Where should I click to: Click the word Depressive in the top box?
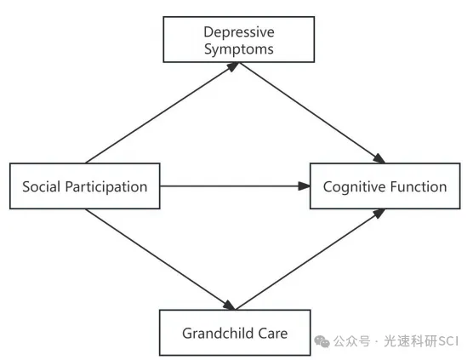click(239, 32)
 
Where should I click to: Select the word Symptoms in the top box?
click(239, 49)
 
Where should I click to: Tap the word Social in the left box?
click(42, 186)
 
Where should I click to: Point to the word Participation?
click(106, 187)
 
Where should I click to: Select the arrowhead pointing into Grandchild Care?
click(229, 305)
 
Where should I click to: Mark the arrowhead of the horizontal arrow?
click(304, 186)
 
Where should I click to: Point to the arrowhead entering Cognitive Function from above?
click(379, 158)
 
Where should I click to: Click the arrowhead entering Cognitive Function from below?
click(379, 214)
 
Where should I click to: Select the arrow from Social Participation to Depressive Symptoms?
click(162, 113)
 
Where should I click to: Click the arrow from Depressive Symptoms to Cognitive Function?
click(312, 113)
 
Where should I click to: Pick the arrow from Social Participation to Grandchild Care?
click(160, 260)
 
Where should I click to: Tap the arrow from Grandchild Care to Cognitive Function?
click(311, 260)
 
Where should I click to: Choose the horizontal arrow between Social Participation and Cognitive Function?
click(235, 186)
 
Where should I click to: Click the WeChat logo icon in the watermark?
click(322, 341)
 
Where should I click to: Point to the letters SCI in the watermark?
click(448, 341)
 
